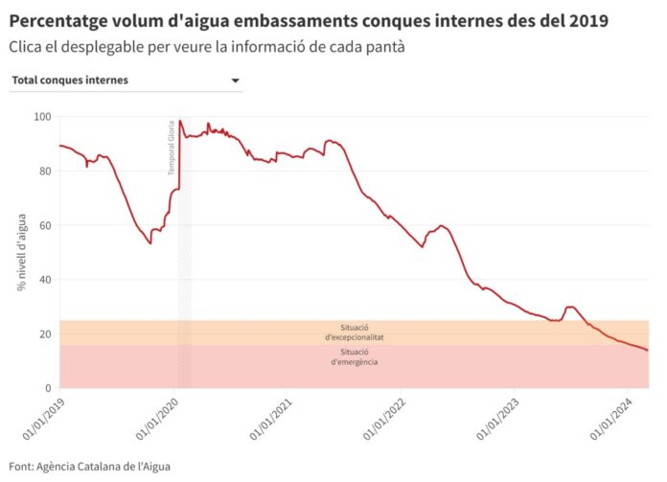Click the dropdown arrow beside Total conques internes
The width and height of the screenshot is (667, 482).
236,80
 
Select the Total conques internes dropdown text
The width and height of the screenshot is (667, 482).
70,80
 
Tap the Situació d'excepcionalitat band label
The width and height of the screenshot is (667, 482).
355,333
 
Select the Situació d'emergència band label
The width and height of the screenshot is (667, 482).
355,356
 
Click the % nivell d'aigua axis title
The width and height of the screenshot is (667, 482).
20,252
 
